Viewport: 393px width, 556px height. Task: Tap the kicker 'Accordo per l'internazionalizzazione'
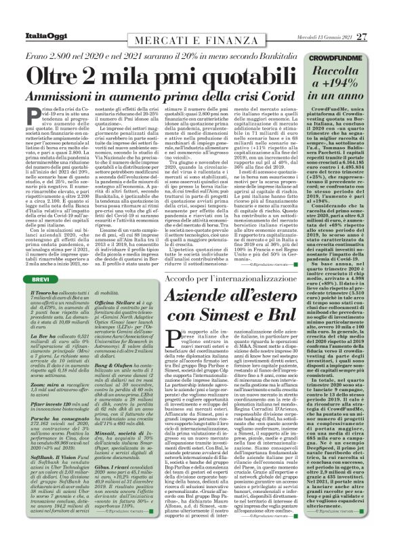(205, 278)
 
